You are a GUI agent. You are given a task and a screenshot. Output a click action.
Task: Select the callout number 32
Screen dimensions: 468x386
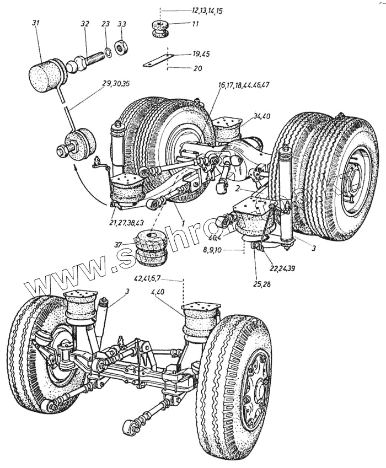[x=84, y=25]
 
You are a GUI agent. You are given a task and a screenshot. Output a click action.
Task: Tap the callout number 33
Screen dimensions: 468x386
[x=122, y=24]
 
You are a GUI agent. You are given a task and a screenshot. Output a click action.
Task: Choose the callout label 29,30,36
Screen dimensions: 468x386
[x=116, y=84]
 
